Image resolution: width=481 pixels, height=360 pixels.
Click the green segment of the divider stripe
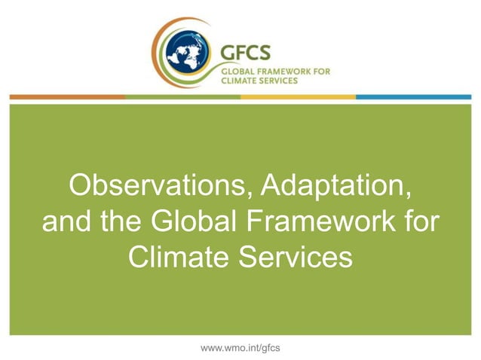[182, 97]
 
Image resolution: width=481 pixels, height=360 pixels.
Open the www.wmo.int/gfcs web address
[240, 347]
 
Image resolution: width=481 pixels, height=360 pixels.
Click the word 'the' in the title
[117, 222]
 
